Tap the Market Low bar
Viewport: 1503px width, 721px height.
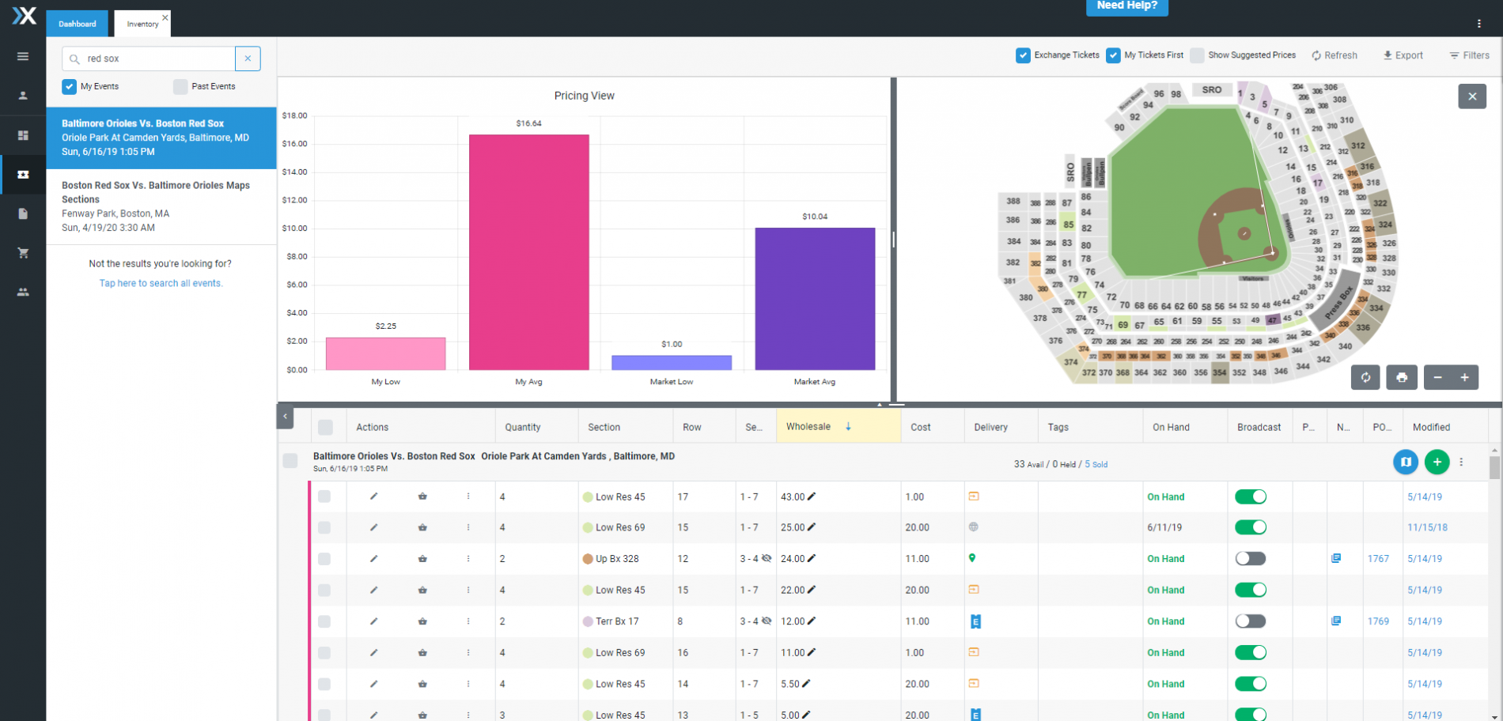tap(671, 363)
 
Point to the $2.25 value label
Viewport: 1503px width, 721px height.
tap(386, 326)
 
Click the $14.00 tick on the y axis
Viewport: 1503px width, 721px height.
tap(294, 172)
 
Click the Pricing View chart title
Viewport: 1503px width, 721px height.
tap(584, 96)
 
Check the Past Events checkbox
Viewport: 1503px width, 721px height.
tap(181, 87)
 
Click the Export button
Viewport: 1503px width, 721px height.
tap(1403, 55)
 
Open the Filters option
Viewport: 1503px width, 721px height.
tap(1469, 55)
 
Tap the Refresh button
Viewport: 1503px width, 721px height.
tap(1335, 55)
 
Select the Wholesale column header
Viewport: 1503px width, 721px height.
tap(808, 427)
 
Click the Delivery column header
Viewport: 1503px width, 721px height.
tap(990, 428)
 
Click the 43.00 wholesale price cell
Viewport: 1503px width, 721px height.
tap(793, 497)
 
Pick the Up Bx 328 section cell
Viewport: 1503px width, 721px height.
tap(617, 559)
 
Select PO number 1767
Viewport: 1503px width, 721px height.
tap(1378, 559)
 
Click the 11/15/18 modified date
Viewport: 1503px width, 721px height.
tap(1427, 527)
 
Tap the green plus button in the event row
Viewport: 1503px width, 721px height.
tap(1437, 462)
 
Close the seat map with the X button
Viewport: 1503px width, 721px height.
tap(1472, 96)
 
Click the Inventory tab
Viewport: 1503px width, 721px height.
tap(142, 25)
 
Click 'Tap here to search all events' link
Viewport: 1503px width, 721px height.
tap(161, 284)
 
